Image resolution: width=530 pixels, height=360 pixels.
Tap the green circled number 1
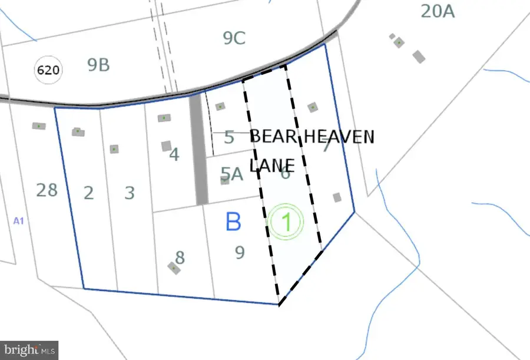pyautogui.click(x=286, y=223)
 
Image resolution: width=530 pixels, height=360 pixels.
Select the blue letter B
pyautogui.click(x=233, y=222)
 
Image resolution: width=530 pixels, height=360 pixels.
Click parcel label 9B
pyautogui.click(x=98, y=65)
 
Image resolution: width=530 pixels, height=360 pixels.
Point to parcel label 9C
pyautogui.click(x=234, y=38)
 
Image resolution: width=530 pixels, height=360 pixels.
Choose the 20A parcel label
pyautogui.click(x=438, y=11)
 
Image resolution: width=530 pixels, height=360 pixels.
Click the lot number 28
pyautogui.click(x=47, y=190)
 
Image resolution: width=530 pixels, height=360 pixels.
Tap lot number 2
pyautogui.click(x=88, y=193)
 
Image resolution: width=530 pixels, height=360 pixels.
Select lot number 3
pyautogui.click(x=130, y=193)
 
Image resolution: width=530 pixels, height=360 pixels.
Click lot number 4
pyautogui.click(x=174, y=155)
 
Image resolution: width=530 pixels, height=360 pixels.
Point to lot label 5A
pyautogui.click(x=231, y=173)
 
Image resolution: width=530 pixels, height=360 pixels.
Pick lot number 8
pyautogui.click(x=180, y=257)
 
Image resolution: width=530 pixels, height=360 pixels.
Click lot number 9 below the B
pyautogui.click(x=240, y=252)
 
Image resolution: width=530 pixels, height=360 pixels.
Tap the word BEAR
pyautogui.click(x=273, y=137)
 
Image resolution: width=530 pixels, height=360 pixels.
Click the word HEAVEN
pyautogui.click(x=338, y=137)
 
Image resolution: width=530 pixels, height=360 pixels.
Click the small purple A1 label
pyautogui.click(x=18, y=220)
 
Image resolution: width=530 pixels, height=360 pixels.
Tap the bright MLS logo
pyautogui.click(x=29, y=349)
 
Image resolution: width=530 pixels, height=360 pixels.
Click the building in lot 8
pyautogui.click(x=174, y=268)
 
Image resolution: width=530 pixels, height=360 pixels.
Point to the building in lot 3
pyautogui.click(x=114, y=149)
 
